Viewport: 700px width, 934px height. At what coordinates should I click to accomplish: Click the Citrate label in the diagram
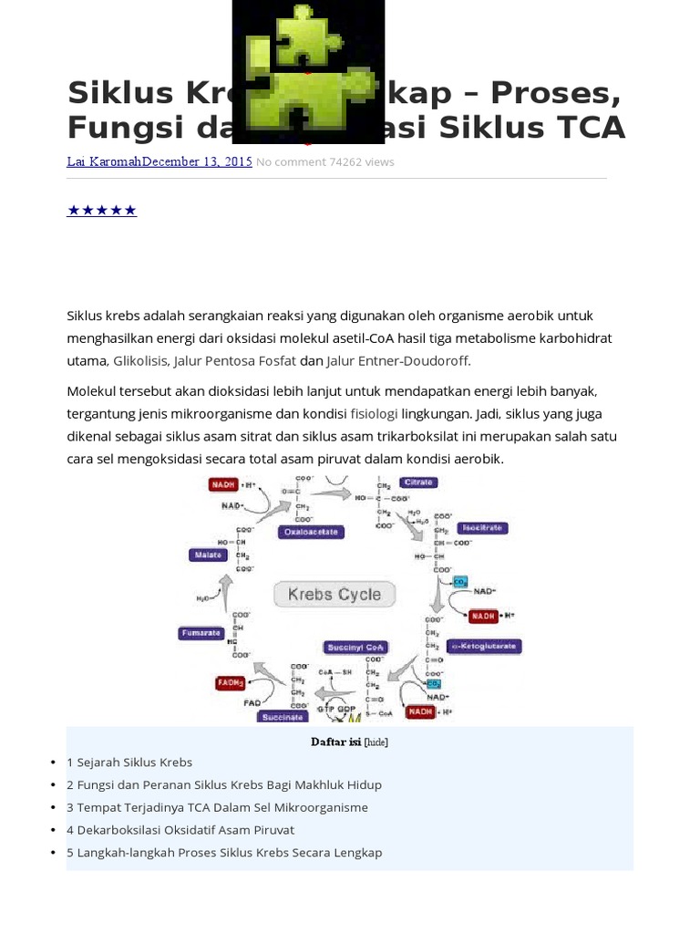(x=417, y=482)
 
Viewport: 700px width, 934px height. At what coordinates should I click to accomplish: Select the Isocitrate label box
(x=484, y=528)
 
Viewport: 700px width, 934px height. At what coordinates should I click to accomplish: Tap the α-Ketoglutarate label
(x=484, y=646)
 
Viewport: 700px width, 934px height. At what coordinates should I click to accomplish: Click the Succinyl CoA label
(x=355, y=648)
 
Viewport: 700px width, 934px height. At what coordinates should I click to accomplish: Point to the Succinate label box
(x=283, y=717)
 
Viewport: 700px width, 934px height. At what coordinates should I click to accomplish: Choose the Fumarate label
(x=201, y=632)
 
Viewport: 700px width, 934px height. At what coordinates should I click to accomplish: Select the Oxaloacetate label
(x=311, y=532)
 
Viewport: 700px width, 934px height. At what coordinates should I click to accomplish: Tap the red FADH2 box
(x=229, y=682)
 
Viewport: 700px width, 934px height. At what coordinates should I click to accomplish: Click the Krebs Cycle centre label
(x=335, y=595)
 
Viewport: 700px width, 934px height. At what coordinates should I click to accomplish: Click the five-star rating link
(x=102, y=211)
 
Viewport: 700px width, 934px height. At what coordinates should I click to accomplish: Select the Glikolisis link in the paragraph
(x=140, y=360)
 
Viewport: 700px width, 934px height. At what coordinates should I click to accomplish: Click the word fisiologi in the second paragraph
(x=374, y=413)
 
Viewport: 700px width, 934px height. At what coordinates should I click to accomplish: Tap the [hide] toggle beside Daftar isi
(x=376, y=742)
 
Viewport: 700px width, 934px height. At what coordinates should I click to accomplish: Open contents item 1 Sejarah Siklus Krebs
(x=129, y=762)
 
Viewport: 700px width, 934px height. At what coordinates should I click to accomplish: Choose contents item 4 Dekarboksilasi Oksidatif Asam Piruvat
(x=180, y=830)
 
